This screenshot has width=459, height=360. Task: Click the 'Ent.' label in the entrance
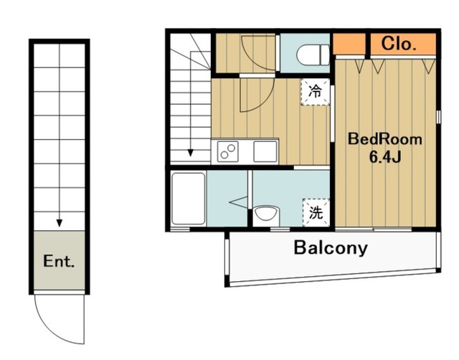59,261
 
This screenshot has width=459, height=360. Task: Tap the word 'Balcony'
331,248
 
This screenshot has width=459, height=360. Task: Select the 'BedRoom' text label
385,139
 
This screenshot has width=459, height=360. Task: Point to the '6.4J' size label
385,158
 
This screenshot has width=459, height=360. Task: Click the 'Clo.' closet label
399,44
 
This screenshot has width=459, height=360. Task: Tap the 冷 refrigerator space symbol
316,92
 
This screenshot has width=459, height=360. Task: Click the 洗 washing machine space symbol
316,212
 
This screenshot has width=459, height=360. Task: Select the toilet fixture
313,55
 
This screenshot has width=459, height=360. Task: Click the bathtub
189,199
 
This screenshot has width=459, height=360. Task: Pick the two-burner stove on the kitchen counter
228,151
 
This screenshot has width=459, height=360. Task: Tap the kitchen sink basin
265,151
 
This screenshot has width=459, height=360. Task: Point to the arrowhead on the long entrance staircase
60,223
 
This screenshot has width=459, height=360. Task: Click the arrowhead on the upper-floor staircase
191,153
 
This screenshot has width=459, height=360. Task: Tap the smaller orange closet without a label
349,44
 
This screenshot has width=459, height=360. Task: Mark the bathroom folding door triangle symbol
239,202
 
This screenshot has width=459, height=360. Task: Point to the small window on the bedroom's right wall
438,117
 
